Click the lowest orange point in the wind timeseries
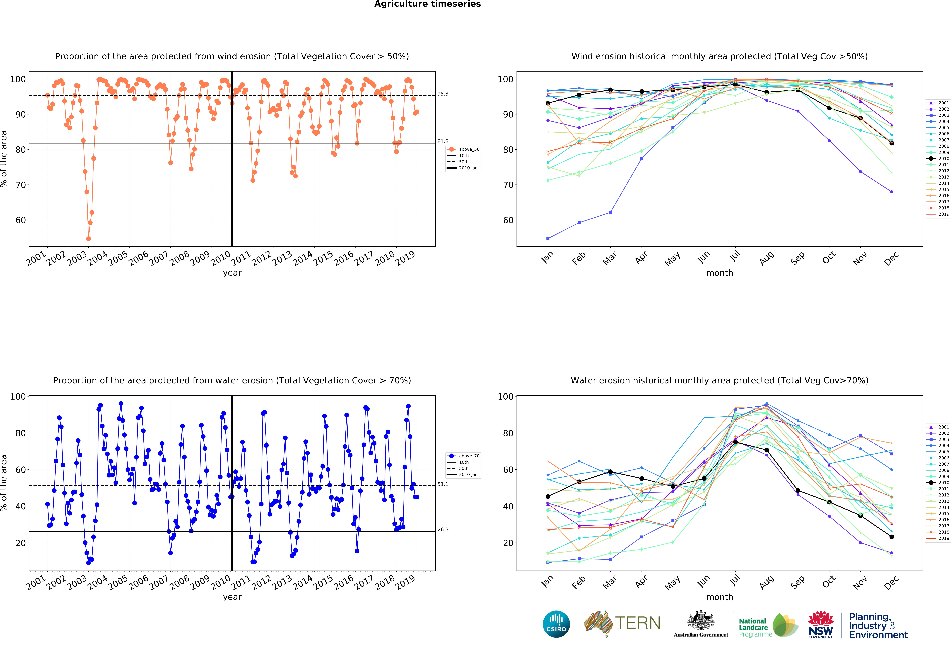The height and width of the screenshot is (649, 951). point(88,238)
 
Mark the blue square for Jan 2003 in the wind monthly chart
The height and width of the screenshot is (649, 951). point(548,238)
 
